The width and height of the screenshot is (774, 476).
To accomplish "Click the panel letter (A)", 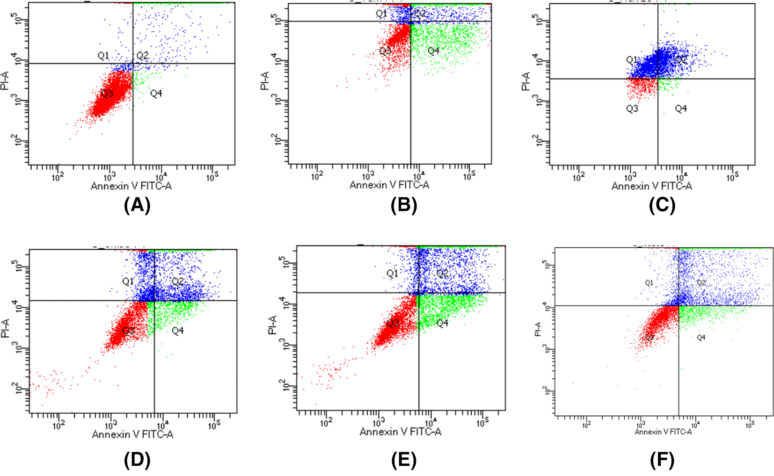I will tap(137, 205).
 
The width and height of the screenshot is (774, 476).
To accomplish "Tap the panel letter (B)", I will tap(403, 205).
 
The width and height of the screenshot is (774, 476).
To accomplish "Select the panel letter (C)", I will tap(662, 205).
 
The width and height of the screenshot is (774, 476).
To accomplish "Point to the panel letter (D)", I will tap(137, 460).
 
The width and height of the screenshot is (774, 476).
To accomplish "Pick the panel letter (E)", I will tap(403, 460).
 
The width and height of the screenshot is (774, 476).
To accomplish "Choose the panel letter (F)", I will tap(662, 460).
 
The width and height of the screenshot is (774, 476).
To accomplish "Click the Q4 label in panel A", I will tap(156, 94).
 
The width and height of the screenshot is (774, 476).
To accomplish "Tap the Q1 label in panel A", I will tap(103, 56).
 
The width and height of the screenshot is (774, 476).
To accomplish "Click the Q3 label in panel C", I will tap(632, 108).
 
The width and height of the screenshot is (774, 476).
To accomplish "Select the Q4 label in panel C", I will tap(680, 108).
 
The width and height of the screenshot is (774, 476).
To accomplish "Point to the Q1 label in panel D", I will tap(128, 281).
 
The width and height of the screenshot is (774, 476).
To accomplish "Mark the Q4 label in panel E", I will tap(442, 323).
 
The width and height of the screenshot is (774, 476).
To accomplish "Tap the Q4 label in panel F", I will tap(701, 337).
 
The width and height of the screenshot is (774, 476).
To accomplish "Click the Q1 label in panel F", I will tap(649, 282).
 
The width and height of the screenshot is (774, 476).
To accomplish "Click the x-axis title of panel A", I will tap(131, 186).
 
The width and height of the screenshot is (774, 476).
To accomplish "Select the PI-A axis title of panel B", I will tap(265, 80).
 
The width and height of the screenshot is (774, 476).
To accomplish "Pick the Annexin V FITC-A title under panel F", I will tap(663, 432).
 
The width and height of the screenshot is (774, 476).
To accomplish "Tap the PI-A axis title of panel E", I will tap(272, 325).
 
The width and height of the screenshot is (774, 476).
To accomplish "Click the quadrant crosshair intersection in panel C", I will tap(658, 79).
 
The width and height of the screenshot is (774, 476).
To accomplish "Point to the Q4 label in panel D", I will tap(177, 331).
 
